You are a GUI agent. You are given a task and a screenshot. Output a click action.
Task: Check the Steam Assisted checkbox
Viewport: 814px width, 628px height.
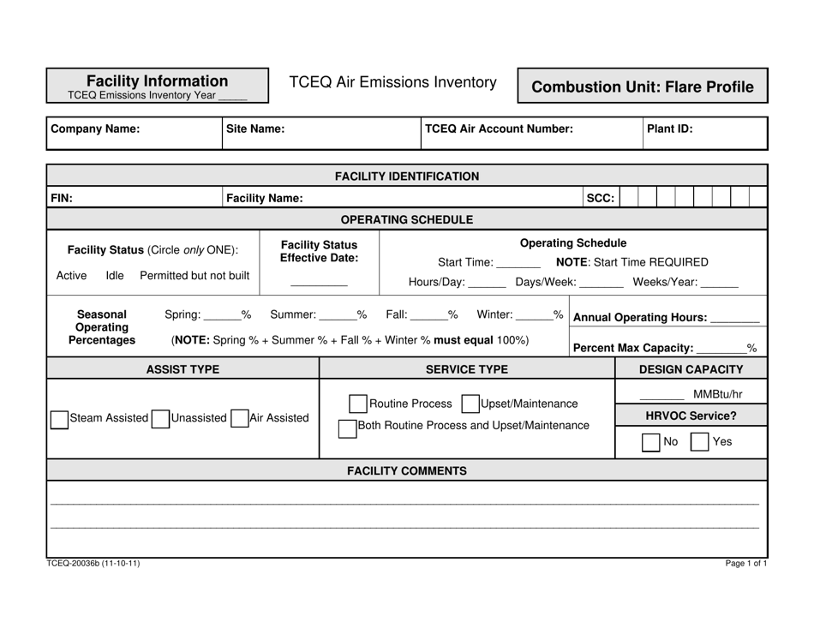(59, 419)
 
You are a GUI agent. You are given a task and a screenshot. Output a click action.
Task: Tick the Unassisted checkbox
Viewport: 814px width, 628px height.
(160, 419)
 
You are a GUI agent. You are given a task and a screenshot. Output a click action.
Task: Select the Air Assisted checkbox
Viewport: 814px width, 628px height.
(239, 419)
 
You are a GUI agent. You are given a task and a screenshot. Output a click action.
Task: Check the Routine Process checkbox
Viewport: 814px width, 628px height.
(358, 404)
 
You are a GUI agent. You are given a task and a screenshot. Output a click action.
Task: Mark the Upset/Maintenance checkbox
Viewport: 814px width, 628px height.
(470, 404)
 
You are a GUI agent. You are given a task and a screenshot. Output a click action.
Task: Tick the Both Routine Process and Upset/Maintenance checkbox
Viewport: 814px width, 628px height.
(347, 427)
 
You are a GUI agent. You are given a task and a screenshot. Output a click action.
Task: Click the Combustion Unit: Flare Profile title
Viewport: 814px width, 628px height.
(643, 87)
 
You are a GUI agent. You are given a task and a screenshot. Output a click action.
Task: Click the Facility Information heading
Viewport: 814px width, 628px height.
(158, 81)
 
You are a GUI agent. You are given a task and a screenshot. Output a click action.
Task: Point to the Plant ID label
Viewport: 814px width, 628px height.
(670, 129)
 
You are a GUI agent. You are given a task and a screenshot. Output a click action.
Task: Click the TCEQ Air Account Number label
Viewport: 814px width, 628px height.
(499, 129)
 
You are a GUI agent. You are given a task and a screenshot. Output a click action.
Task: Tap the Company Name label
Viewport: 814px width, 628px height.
(95, 129)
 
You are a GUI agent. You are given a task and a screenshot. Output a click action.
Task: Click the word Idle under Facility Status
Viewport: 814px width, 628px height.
(115, 275)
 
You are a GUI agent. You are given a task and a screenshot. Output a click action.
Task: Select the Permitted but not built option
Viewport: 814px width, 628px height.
(195, 275)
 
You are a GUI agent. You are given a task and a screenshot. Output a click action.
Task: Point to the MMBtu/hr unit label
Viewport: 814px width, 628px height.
(717, 394)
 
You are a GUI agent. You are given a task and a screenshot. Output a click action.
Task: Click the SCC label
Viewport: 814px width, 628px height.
(600, 198)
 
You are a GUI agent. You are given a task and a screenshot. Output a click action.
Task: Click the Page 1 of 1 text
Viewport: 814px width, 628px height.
(745, 564)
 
